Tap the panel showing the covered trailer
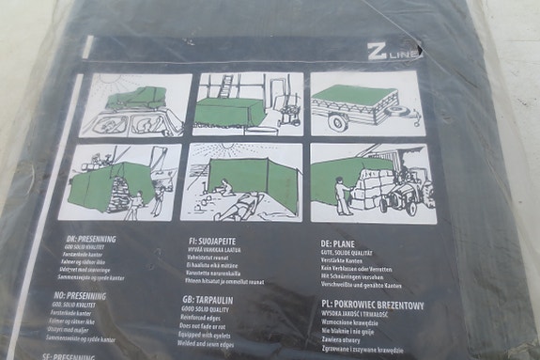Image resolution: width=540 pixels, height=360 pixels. [x=366, y=102]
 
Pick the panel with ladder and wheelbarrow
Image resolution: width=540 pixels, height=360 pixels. [x=248, y=102]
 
